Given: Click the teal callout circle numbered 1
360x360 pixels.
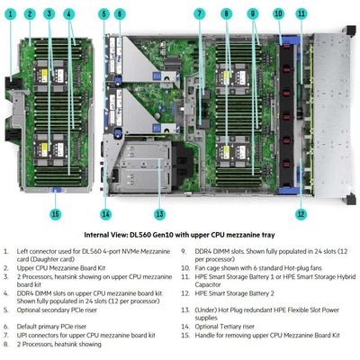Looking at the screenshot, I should (x=10, y=14).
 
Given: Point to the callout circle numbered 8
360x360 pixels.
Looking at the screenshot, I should (x=227, y=14).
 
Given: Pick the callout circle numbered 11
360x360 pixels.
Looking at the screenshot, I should (x=301, y=14).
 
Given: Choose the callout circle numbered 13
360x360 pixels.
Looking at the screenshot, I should (x=159, y=188).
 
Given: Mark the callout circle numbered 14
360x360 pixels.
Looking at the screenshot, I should (x=106, y=188).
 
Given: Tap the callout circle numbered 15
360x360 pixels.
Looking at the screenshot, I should (x=55, y=188).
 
